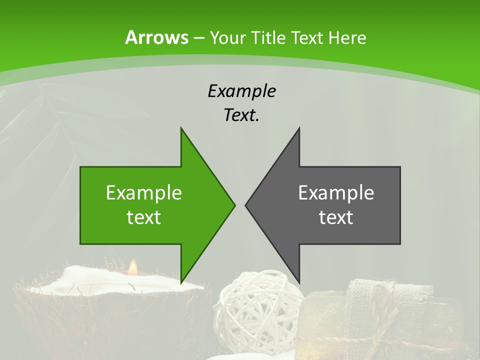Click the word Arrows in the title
pos(157,37)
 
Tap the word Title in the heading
pos(268,37)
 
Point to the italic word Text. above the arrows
pos(241,115)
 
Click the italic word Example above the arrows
pos(241,91)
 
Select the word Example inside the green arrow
pos(144,193)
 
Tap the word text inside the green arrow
pos(144,217)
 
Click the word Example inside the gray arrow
pos(336,193)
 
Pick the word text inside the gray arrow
pos(336,217)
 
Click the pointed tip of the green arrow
pos(234,205)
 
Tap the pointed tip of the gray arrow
pos(246,205)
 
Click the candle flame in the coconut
pos(132,268)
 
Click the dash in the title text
pos(198,38)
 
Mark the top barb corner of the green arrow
pos(181,128)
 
